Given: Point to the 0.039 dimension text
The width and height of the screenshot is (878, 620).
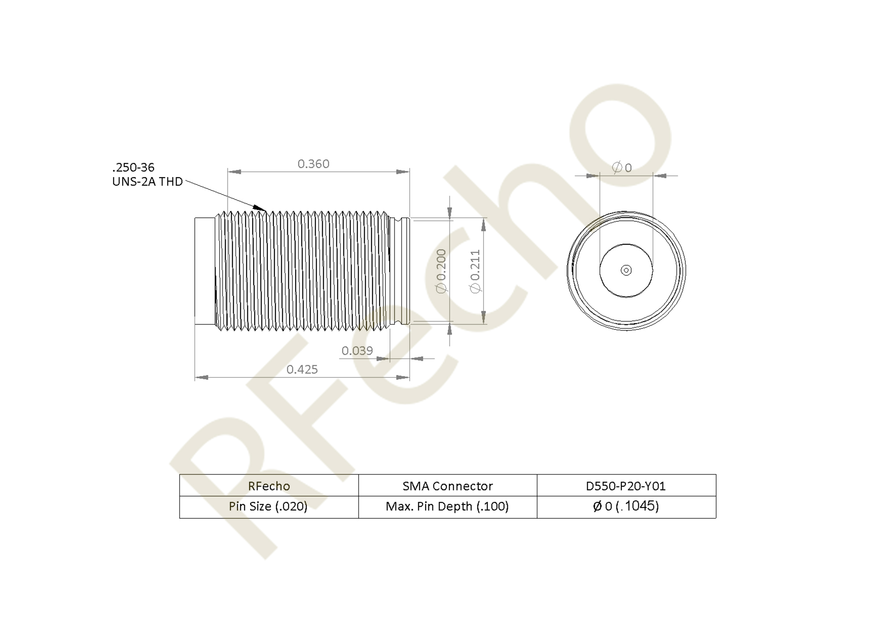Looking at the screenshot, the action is click(357, 351).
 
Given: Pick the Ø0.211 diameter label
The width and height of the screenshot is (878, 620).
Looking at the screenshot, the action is click(475, 271).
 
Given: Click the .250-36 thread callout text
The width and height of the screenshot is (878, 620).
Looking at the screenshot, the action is click(133, 167).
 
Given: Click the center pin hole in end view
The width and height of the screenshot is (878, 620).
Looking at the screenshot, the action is click(626, 270).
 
